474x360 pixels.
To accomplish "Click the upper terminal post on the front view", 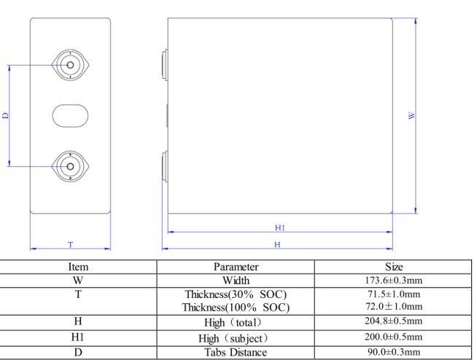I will tap(70, 65).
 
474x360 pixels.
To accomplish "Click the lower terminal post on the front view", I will tap(70, 167).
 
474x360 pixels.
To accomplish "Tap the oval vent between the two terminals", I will tap(70, 116).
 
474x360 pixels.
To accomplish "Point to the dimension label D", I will tap(5, 116).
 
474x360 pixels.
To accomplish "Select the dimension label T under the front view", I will tap(71, 244).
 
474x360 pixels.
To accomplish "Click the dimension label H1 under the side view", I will tap(279, 227).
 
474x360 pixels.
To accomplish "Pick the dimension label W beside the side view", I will tap(412, 116).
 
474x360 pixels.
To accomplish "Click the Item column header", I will tap(78, 267).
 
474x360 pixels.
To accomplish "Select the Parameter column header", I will tap(236, 267).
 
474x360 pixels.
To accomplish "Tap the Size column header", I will tap(394, 267).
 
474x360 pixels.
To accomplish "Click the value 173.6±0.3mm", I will tap(394, 281).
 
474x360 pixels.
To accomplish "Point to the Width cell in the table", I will tap(236, 281).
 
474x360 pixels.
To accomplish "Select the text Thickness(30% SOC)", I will tap(236, 294).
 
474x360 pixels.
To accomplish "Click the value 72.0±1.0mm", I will tap(394, 307).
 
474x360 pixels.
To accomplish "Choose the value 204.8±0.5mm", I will tap(394, 321).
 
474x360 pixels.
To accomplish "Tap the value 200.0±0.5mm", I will tap(394, 337).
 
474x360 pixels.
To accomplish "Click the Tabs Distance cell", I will tap(236, 353).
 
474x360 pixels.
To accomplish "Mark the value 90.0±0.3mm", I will tap(394, 353).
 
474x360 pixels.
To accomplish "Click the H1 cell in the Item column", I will tap(78, 337).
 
